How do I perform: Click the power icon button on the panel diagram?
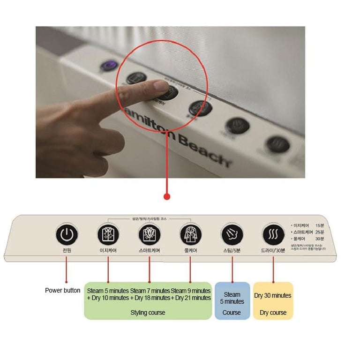[67, 233]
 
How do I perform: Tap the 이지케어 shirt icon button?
[108, 233]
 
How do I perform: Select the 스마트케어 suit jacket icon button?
[150, 233]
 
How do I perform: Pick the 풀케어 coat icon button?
[190, 233]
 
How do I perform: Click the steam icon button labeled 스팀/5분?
[232, 233]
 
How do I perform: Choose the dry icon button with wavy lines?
[273, 233]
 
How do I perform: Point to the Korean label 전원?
[67, 250]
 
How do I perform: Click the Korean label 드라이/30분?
[273, 251]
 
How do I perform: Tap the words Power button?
[62, 290]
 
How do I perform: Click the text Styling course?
[148, 312]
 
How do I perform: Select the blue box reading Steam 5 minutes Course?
[232, 300]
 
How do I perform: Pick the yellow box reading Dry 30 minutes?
[273, 300]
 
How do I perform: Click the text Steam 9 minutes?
[191, 291]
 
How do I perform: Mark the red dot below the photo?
[166, 196]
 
